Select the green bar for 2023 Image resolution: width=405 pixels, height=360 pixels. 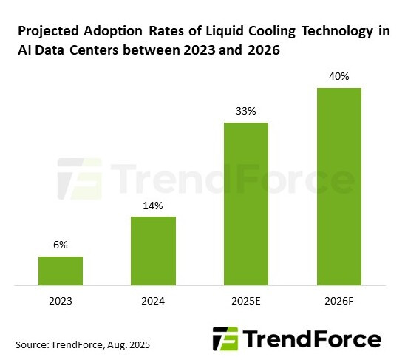click(x=61, y=270)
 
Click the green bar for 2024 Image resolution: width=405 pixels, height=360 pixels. click(x=153, y=250)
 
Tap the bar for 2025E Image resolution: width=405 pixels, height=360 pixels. click(x=245, y=203)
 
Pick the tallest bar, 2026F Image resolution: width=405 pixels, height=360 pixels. click(x=338, y=186)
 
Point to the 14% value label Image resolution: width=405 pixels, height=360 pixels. click(x=153, y=206)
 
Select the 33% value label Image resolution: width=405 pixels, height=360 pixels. click(x=245, y=112)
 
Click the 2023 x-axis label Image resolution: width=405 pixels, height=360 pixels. click(x=61, y=301)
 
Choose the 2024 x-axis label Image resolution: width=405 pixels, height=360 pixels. click(x=153, y=301)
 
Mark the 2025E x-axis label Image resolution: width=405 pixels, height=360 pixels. click(x=245, y=301)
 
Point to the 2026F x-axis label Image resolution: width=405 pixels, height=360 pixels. click(x=338, y=301)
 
